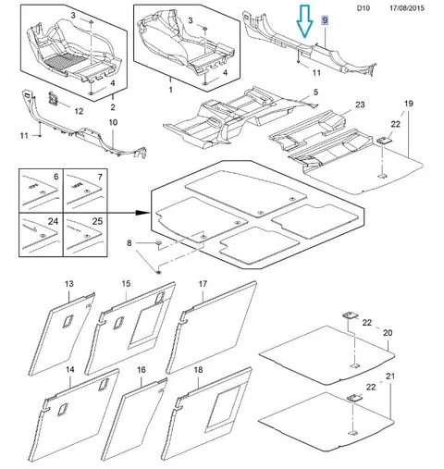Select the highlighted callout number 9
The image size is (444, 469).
(x=325, y=20)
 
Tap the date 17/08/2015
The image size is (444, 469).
(x=407, y=8)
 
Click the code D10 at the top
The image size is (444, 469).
(x=364, y=8)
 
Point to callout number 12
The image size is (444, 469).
(x=79, y=111)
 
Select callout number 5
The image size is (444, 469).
(x=315, y=93)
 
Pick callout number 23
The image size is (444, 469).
(x=360, y=105)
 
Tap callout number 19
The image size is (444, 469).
(x=408, y=104)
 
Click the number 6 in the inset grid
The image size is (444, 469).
(x=55, y=177)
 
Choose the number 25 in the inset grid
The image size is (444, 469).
(x=97, y=221)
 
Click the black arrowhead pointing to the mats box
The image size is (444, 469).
(x=142, y=213)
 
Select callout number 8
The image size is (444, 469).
(x=129, y=243)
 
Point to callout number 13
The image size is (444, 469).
(x=69, y=284)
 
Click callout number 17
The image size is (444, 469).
(x=203, y=284)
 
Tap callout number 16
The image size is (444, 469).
(x=141, y=369)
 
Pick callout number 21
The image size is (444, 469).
(x=390, y=376)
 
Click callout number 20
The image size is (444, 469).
(x=388, y=333)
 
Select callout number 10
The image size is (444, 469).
(x=113, y=122)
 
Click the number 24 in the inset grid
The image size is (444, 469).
(x=53, y=221)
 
